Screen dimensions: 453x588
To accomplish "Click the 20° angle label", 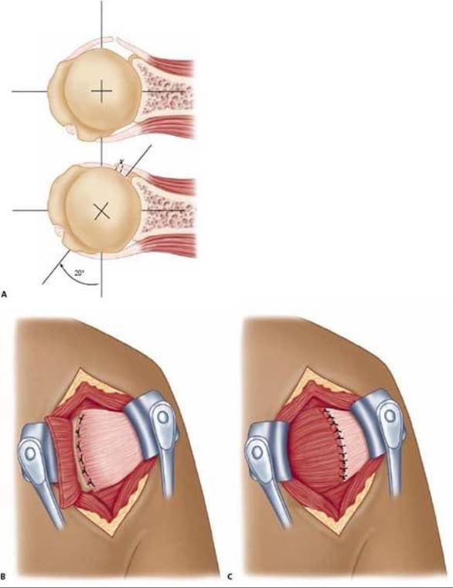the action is pos(80,273).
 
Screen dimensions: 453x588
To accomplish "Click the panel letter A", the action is pos(4,294).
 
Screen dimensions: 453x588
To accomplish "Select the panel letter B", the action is pos(3,576).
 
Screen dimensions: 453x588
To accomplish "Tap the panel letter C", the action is pos(230,576).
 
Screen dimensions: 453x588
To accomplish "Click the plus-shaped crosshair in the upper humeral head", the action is pos(102,91).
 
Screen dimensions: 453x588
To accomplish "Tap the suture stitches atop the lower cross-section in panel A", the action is pos(121,166).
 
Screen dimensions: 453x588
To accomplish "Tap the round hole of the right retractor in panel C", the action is pos(390,416).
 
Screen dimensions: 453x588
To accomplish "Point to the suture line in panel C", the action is pos(336,444).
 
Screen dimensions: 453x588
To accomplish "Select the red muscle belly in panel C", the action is pos(312,447).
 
